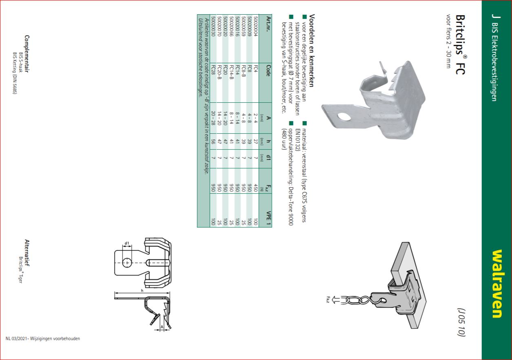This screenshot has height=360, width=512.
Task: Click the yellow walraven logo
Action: click(498, 284)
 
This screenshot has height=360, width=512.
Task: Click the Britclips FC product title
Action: click(460, 44)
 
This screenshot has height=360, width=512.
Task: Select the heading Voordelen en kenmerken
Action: click(312, 51)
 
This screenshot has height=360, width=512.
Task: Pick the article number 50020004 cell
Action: click(255, 26)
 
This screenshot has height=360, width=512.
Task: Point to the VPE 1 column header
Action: click(268, 218)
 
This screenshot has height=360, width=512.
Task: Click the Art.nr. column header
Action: click(268, 24)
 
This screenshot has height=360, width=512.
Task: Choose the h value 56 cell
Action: click(213, 142)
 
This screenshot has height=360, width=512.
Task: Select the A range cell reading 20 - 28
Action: click(213, 118)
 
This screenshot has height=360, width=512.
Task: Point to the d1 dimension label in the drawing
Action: click(127, 243)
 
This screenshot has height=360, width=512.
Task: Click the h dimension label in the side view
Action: click(142, 291)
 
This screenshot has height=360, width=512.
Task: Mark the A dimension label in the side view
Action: click(162, 327)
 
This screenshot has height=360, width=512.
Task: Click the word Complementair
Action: click(27, 54)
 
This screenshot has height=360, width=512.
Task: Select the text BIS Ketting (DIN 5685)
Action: click(15, 73)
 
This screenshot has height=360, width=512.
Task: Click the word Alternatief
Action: click(27, 253)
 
